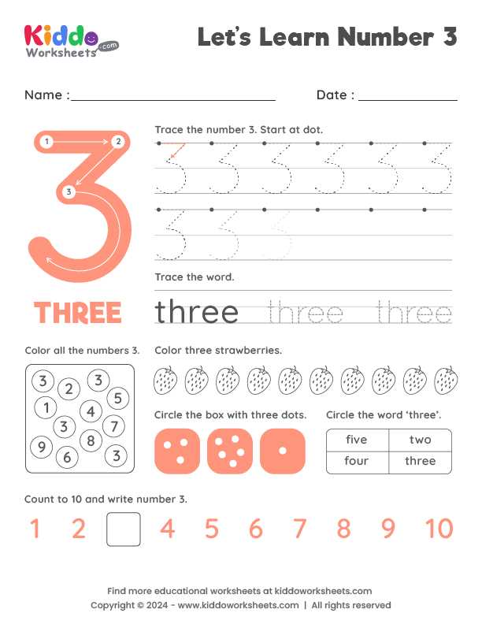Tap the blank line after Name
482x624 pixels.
point(172,98)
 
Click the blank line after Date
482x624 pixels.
point(407,98)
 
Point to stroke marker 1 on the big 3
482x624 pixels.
point(47,142)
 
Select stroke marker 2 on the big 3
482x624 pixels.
point(117,142)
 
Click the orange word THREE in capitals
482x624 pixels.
point(78,313)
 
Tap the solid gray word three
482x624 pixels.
point(197,312)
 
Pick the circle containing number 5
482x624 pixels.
point(117,398)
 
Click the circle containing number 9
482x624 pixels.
point(39,448)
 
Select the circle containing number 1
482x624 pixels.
point(46,407)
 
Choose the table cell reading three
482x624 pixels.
point(420,462)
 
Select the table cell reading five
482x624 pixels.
point(357,440)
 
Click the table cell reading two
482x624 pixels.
point(420,440)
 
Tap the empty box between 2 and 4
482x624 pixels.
point(124,529)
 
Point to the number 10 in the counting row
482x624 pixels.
point(439,529)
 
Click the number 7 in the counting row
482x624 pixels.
point(299,529)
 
